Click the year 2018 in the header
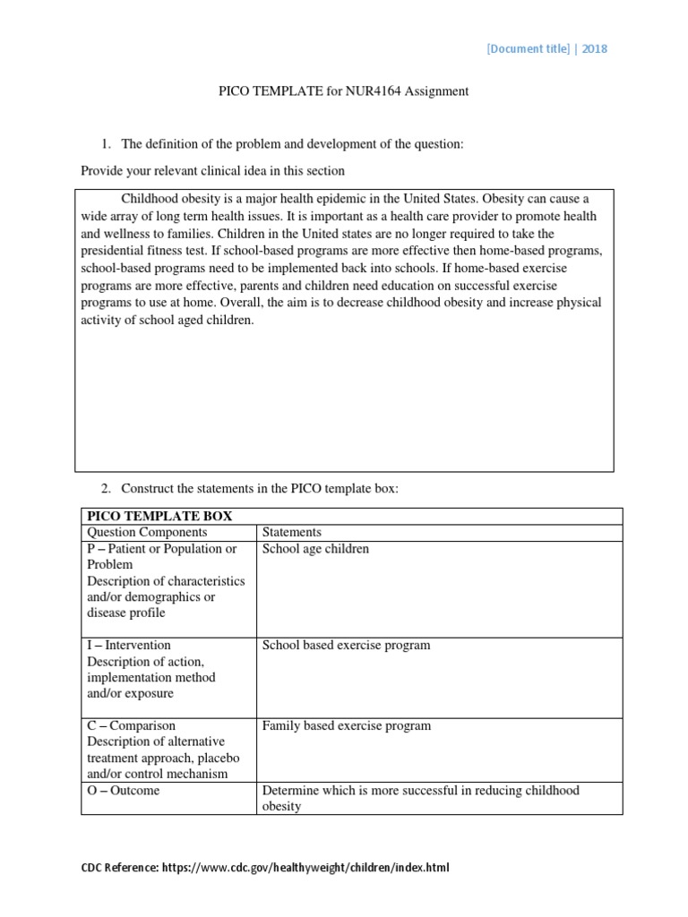click(594, 48)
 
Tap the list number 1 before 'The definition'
click(105, 144)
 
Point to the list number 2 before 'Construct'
click(105, 488)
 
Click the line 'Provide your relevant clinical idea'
click(212, 170)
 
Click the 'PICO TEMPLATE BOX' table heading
click(159, 516)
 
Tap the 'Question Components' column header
click(147, 532)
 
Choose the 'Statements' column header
click(291, 532)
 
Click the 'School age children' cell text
click(315, 549)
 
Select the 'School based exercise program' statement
click(346, 645)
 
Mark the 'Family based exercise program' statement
click(346, 725)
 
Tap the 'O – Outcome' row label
click(124, 791)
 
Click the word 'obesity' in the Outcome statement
click(281, 806)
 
